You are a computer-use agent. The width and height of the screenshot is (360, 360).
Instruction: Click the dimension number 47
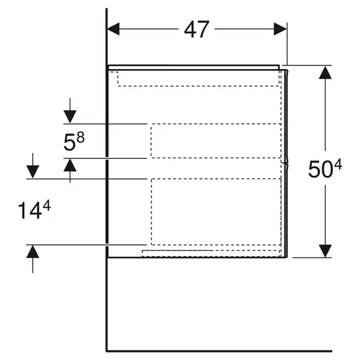[x=197, y=29]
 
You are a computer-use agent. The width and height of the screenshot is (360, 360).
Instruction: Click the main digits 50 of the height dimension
[x=320, y=169]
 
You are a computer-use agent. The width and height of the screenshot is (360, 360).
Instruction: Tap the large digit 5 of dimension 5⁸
[x=69, y=143]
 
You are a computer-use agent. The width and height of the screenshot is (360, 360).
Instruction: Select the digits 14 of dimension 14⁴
[x=30, y=211]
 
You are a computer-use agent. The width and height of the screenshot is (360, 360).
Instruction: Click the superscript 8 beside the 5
[x=80, y=137]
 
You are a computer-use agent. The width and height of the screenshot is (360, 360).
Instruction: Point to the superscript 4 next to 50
[x=338, y=165]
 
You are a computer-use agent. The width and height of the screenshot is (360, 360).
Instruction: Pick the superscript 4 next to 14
[x=47, y=205]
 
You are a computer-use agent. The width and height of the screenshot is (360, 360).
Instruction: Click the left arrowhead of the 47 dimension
[x=113, y=29]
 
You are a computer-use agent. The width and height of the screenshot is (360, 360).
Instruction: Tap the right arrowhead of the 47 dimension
[x=280, y=29]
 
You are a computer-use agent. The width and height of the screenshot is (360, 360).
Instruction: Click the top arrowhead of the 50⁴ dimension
[x=325, y=73]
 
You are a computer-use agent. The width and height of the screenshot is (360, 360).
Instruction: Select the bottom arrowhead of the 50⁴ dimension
[x=325, y=251]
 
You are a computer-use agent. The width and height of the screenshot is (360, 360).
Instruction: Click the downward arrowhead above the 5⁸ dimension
[x=70, y=116]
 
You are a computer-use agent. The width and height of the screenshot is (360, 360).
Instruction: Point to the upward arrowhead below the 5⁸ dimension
[x=70, y=166]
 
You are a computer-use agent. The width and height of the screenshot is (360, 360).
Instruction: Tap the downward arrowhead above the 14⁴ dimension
[x=33, y=172]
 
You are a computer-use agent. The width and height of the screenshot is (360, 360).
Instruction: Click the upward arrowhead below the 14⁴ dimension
[x=33, y=251]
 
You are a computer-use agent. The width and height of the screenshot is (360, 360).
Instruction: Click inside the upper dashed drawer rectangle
[x=216, y=141]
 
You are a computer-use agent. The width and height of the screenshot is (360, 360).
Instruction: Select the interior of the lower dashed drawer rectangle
[x=216, y=212]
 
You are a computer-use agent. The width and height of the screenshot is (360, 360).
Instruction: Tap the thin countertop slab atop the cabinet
[x=194, y=67]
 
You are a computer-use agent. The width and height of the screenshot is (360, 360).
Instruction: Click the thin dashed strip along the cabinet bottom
[x=211, y=253]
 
